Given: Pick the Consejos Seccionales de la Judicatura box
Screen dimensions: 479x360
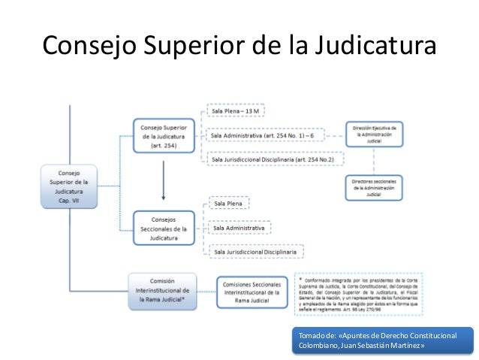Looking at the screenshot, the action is pyautogui.click(x=164, y=227).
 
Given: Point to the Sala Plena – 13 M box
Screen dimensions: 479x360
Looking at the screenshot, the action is pyautogui.click(x=236, y=111).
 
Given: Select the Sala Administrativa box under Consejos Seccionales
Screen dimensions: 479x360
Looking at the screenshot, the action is pyautogui.click(x=239, y=227).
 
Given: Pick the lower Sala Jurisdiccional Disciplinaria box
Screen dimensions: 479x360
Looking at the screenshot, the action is pyautogui.click(x=255, y=251).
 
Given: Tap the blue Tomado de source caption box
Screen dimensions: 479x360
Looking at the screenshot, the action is pyautogui.click(x=383, y=339).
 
